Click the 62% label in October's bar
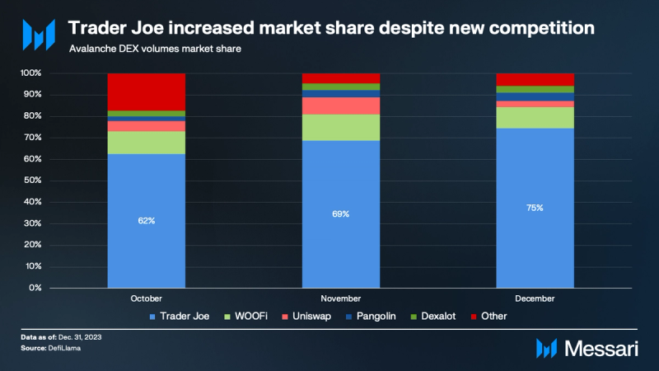tap(147, 221)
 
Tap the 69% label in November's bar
tap(341, 214)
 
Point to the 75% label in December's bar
tap(535, 208)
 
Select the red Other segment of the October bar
tap(147, 92)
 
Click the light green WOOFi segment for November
tap(341, 127)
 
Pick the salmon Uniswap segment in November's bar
tap(341, 106)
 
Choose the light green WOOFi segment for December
tap(535, 117)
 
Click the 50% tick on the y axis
tap(30, 181)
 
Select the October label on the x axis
tap(147, 298)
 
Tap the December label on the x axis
tap(535, 298)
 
